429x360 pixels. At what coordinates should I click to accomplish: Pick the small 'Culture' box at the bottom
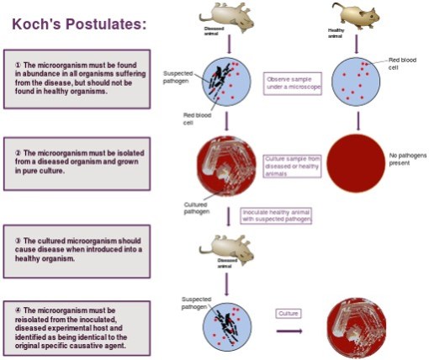[289, 314]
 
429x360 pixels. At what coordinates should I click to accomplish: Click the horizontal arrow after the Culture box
[289, 330]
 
